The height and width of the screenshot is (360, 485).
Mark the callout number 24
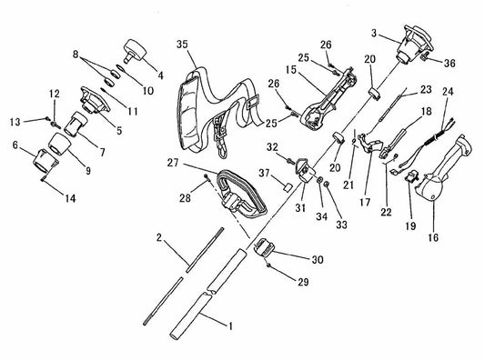448,92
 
